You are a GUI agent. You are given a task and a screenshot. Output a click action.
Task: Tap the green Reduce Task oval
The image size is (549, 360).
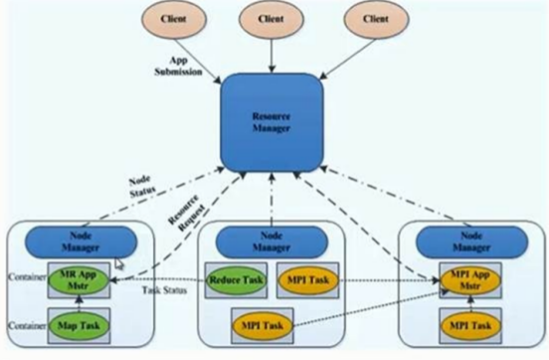click(x=235, y=280)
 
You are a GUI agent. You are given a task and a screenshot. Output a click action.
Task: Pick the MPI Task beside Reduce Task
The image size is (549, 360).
click(x=307, y=280)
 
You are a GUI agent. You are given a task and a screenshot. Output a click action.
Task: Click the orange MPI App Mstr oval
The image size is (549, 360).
click(x=464, y=278)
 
